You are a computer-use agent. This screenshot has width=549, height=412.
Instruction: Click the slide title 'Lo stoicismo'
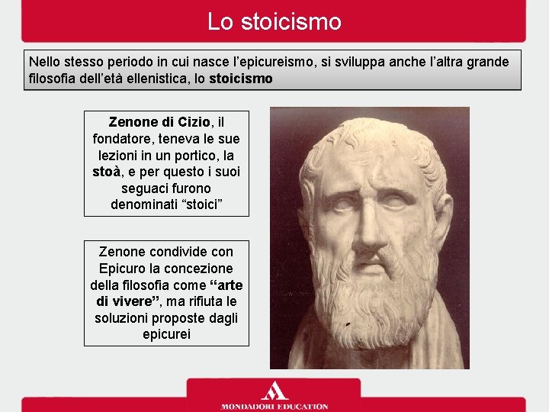tap(274, 21)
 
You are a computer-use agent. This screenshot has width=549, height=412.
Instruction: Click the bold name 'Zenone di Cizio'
tap(159, 121)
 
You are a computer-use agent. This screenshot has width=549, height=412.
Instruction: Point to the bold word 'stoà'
tap(107, 172)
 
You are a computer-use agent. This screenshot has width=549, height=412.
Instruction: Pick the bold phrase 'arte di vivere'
tap(165, 293)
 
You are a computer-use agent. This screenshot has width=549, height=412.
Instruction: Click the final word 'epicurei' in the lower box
tap(165, 335)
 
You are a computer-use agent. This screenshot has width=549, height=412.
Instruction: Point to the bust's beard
tap(374, 305)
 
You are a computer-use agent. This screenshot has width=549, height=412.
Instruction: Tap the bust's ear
tap(440, 217)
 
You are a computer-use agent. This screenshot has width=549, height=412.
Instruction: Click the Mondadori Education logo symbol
tap(274, 390)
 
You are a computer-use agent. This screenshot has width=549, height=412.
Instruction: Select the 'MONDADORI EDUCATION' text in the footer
tap(274, 407)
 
